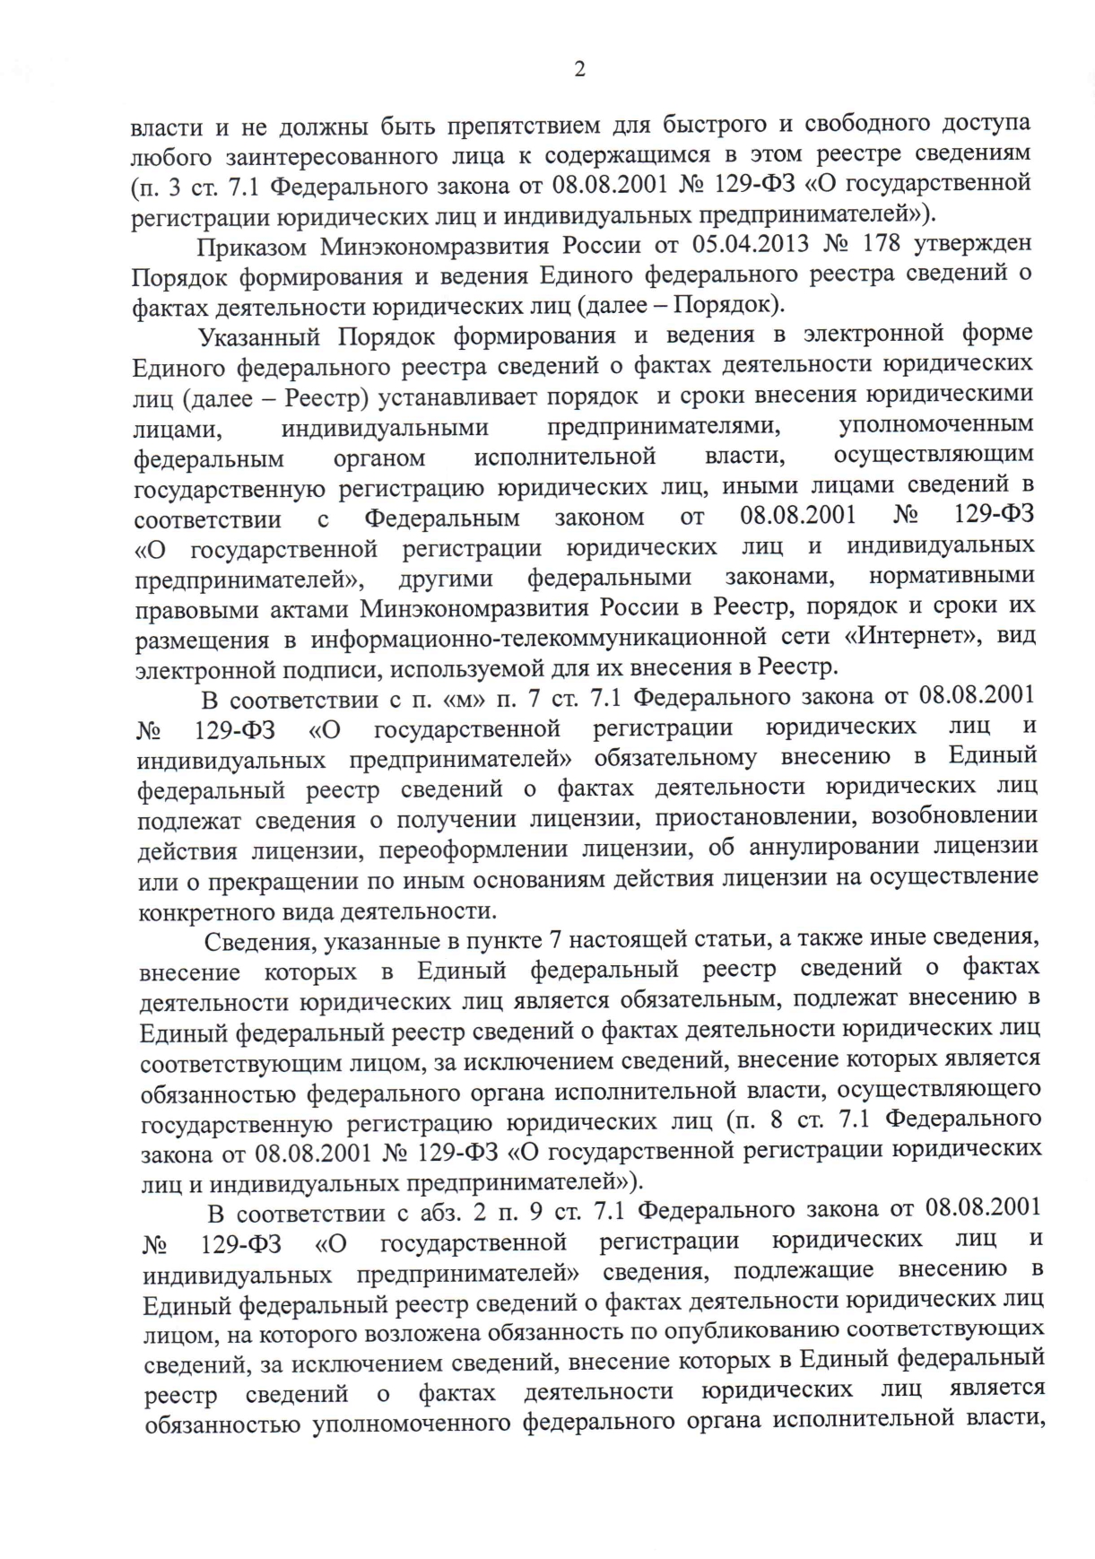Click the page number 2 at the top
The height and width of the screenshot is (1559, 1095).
(x=579, y=70)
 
